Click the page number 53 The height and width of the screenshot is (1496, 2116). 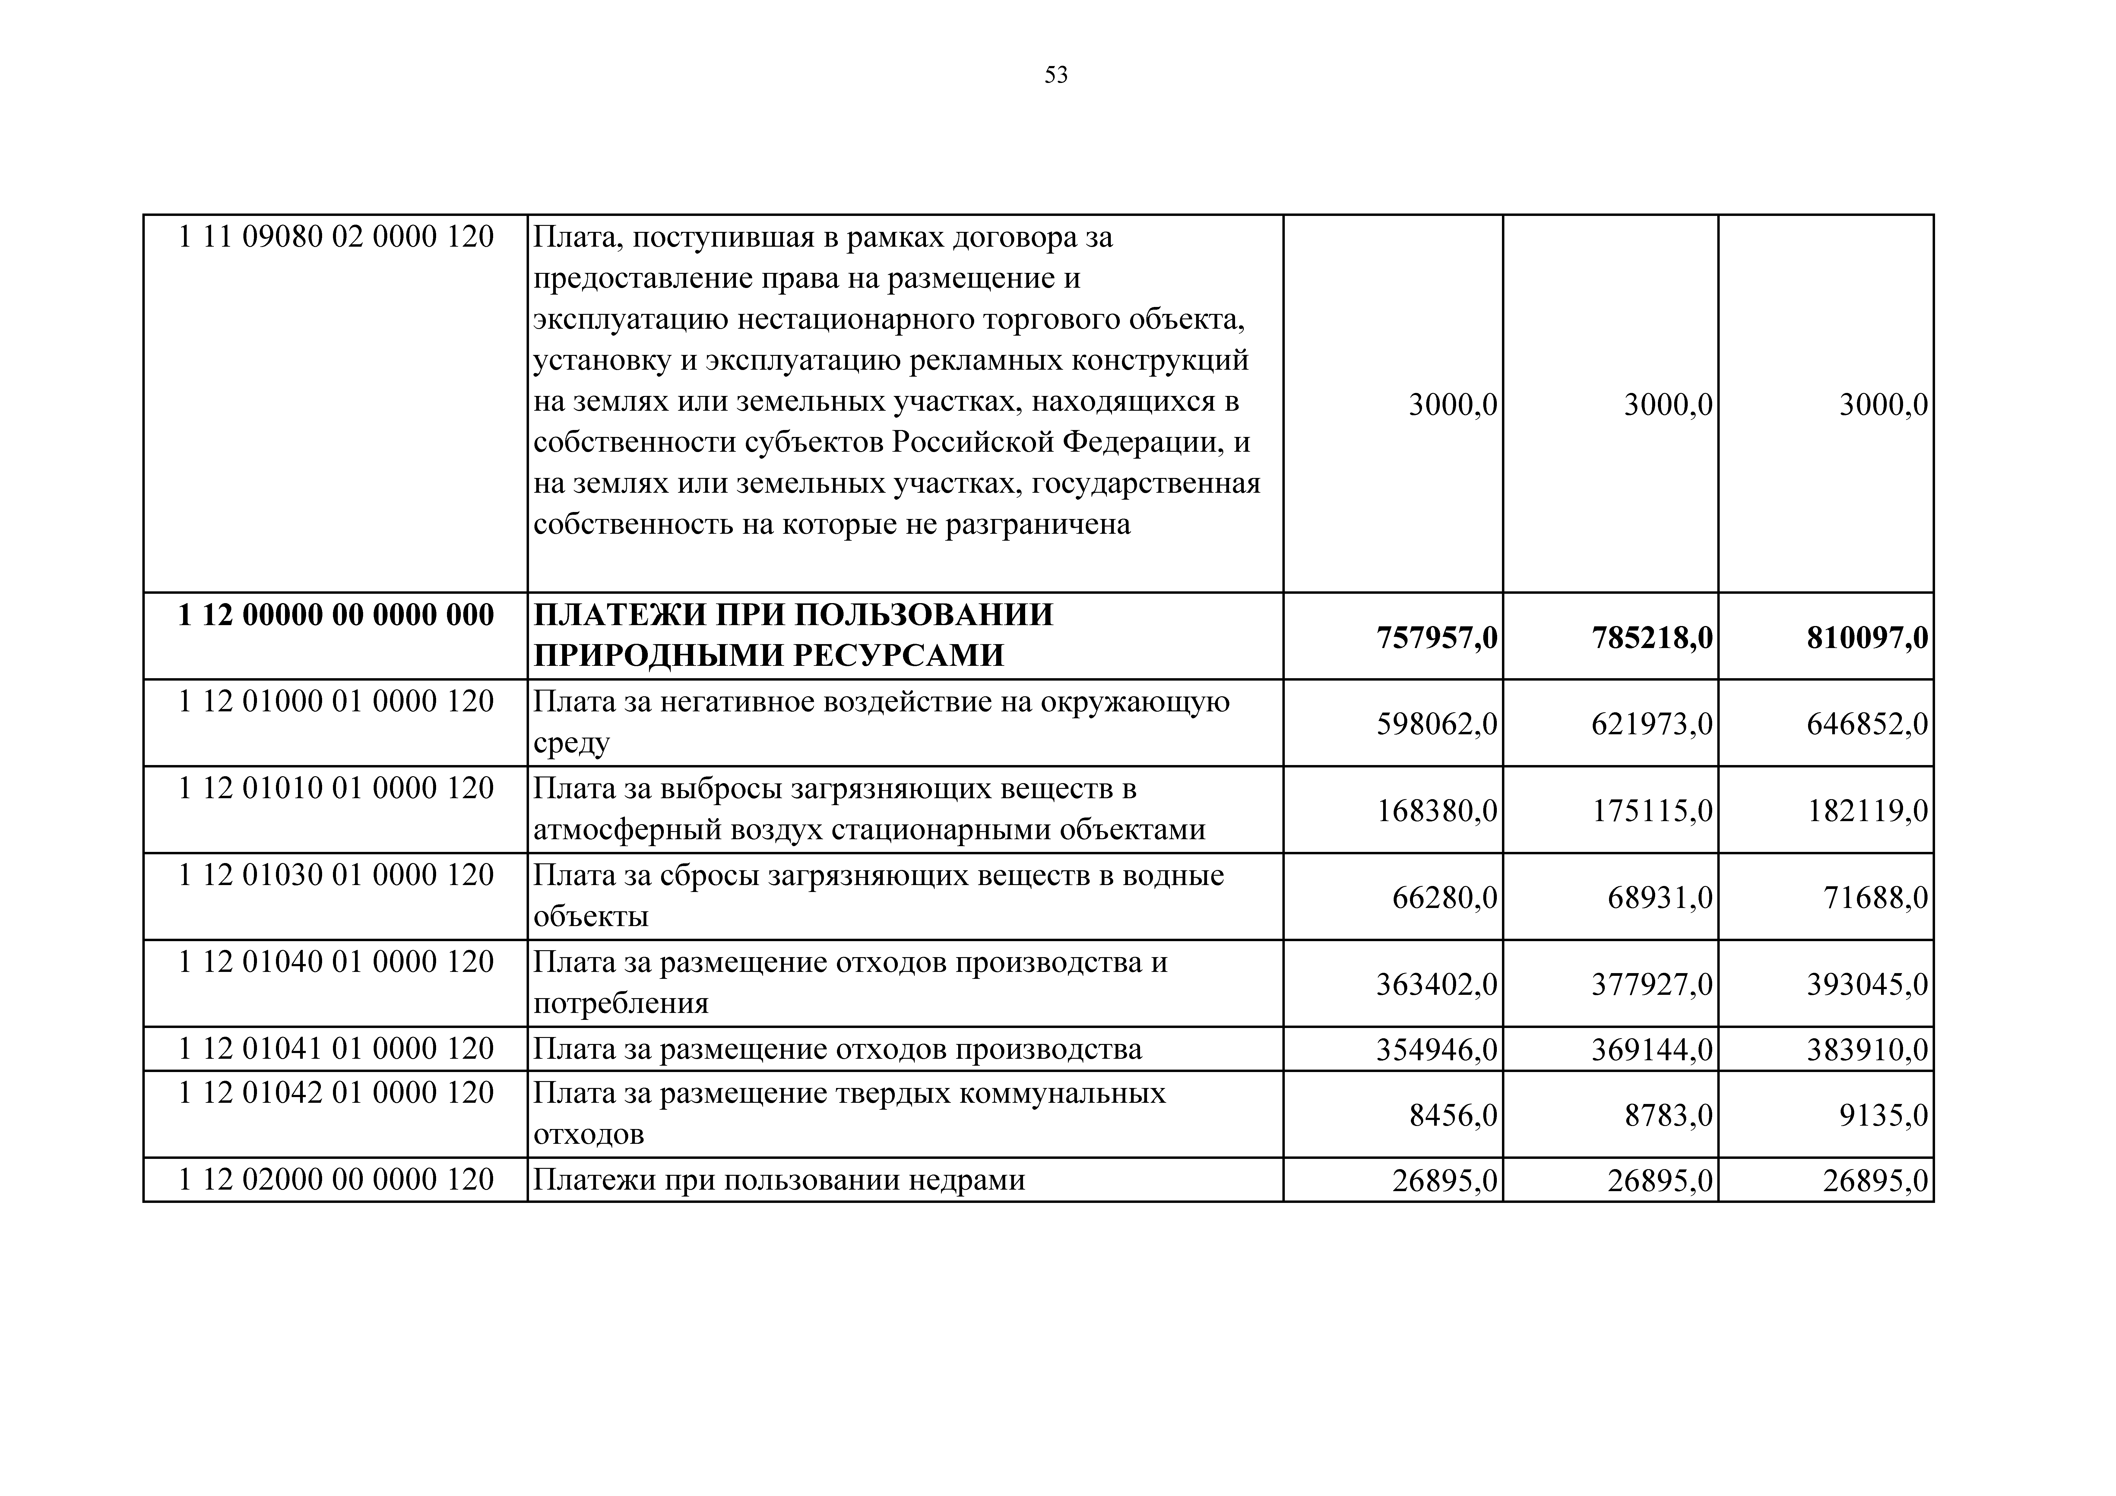[1056, 75]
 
